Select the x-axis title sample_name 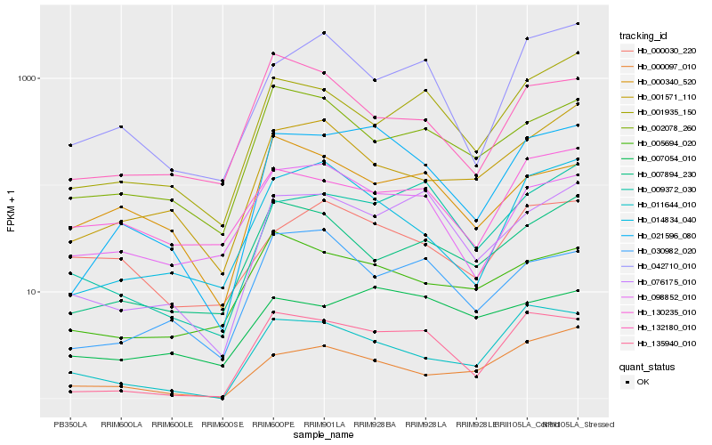(324, 435)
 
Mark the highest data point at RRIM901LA (324, 33)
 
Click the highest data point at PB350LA (70, 145)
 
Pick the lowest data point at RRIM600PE (273, 354)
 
